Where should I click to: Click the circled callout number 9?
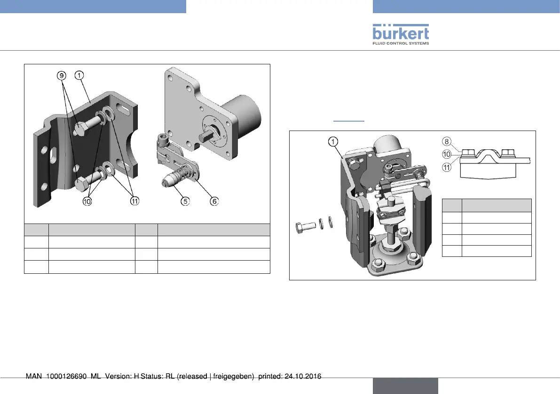coord(61,75)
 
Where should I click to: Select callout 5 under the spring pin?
coord(186,201)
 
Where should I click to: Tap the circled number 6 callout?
coord(214,201)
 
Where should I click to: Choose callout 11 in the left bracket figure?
coord(135,201)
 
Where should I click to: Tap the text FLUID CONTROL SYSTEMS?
coord(401,43)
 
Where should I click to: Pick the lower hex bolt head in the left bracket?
coord(80,184)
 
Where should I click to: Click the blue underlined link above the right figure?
coord(348,121)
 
